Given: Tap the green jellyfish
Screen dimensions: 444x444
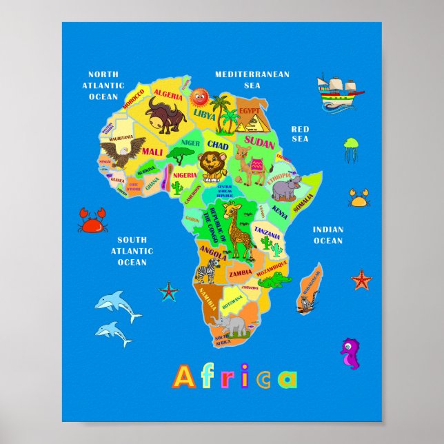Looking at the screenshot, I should click(x=352, y=148).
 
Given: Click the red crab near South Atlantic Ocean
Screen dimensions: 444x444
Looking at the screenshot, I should click(x=92, y=220).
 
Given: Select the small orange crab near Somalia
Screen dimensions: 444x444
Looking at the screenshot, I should click(x=359, y=198).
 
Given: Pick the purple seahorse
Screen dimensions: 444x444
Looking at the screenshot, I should click(x=351, y=352).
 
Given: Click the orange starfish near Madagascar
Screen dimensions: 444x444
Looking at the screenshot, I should click(x=361, y=279).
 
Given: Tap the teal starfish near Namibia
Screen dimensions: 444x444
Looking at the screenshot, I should click(x=168, y=291).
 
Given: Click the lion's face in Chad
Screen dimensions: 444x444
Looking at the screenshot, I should click(x=210, y=164).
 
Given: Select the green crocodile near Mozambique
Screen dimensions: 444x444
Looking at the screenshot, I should click(x=275, y=279).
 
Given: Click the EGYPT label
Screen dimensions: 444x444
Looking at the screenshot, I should click(x=249, y=110).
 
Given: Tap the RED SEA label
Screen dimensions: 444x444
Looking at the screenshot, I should click(x=300, y=134).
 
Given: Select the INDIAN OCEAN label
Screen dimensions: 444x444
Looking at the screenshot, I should click(x=327, y=235).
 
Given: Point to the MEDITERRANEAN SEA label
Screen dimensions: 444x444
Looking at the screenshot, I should click(x=252, y=79).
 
